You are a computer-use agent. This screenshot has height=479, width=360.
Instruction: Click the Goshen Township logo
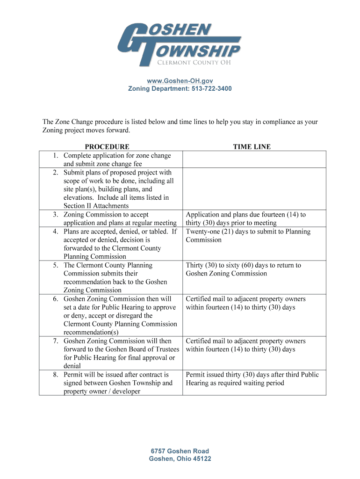point(180,45)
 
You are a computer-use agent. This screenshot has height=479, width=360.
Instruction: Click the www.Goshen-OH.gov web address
point(180,81)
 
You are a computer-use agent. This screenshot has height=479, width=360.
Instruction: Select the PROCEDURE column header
point(107,147)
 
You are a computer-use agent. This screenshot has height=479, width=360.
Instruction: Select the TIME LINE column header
point(252,147)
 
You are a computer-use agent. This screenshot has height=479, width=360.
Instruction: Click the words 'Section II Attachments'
point(96,206)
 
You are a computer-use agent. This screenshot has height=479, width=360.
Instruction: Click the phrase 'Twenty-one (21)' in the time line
point(209,232)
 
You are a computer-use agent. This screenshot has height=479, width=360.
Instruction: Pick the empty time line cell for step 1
point(254,160)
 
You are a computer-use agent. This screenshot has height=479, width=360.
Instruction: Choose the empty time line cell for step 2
point(254,189)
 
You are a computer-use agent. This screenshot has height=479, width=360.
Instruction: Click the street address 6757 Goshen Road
point(180,451)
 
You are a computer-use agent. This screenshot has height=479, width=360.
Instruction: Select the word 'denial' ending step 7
point(72,366)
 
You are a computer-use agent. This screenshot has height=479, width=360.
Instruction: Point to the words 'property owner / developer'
point(102,392)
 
